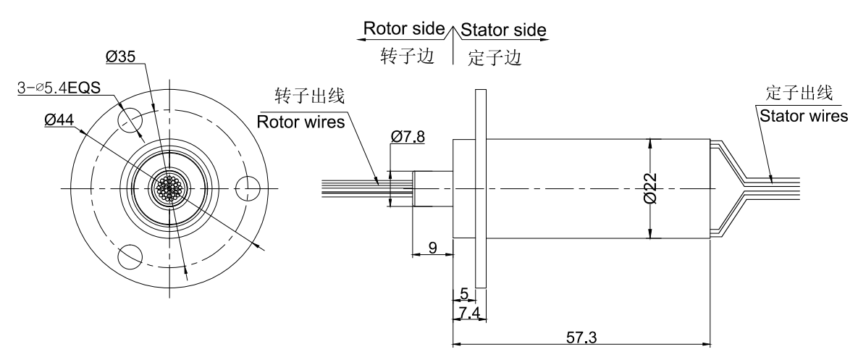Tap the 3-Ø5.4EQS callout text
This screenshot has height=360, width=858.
coord(59,88)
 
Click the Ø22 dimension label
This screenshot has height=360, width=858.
coord(651,188)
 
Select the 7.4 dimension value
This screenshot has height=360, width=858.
coord(470,312)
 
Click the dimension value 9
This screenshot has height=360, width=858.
coord(432,248)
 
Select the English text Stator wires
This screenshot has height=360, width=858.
coord(802,116)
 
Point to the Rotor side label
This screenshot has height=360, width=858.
coord(403,29)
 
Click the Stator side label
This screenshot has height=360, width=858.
coord(504,30)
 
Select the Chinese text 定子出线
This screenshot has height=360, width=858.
coord(799,93)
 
